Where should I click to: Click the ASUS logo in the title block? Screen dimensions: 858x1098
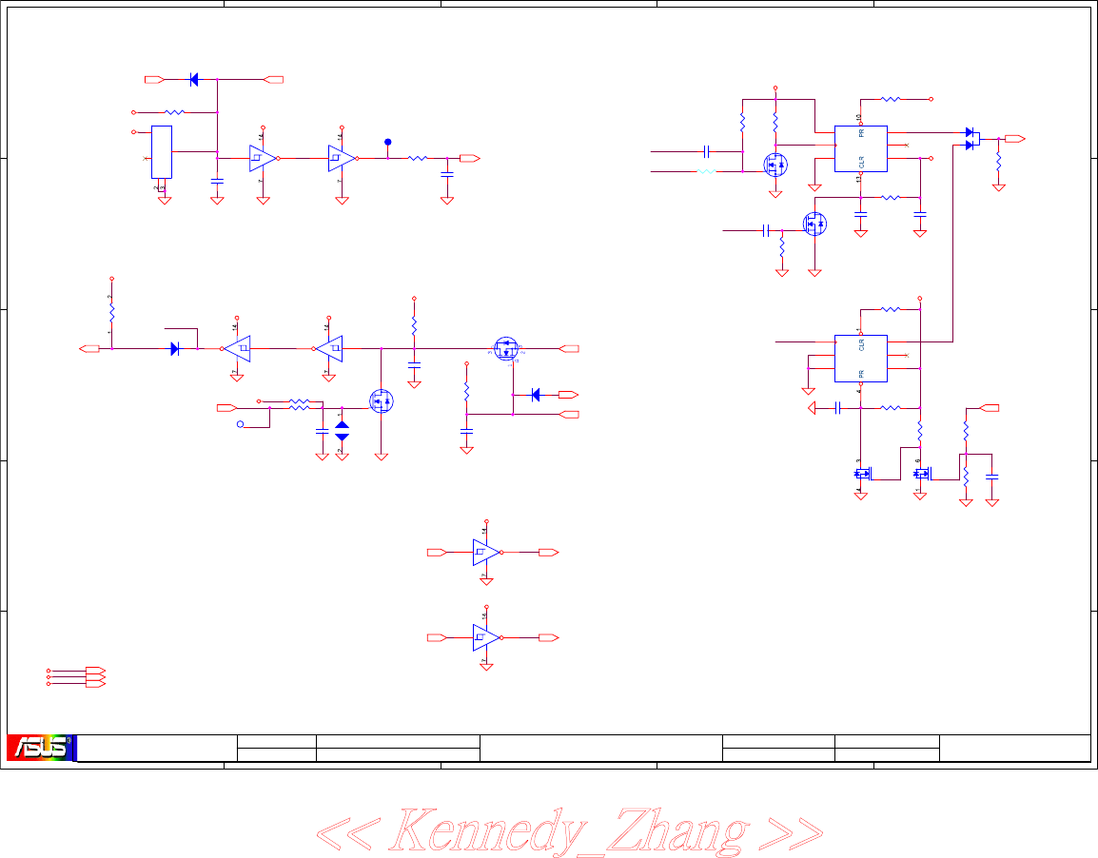click(41, 748)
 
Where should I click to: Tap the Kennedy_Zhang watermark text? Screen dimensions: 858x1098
click(569, 830)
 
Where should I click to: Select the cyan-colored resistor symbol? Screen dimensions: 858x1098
click(706, 172)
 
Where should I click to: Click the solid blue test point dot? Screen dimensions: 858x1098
click(388, 142)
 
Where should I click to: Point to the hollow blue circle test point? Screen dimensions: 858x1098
click(241, 425)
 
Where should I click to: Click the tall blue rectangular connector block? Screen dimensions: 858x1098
click(162, 151)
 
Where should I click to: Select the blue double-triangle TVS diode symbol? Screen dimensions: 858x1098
click(343, 430)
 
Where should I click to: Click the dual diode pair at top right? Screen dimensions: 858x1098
click(971, 139)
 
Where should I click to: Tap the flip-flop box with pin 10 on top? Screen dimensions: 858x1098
click(860, 148)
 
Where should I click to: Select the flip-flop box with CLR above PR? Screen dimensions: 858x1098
click(860, 359)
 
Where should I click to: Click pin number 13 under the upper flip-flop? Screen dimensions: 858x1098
click(858, 179)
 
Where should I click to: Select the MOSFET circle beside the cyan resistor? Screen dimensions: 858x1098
click(775, 164)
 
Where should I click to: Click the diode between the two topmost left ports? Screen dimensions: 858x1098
click(194, 80)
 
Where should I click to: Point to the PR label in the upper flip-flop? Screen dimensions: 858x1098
click(861, 134)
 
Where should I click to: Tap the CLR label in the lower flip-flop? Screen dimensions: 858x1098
click(861, 343)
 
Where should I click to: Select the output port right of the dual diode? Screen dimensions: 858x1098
click(1014, 139)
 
